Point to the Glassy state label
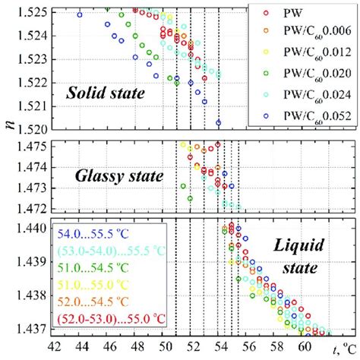pos(119,176)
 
